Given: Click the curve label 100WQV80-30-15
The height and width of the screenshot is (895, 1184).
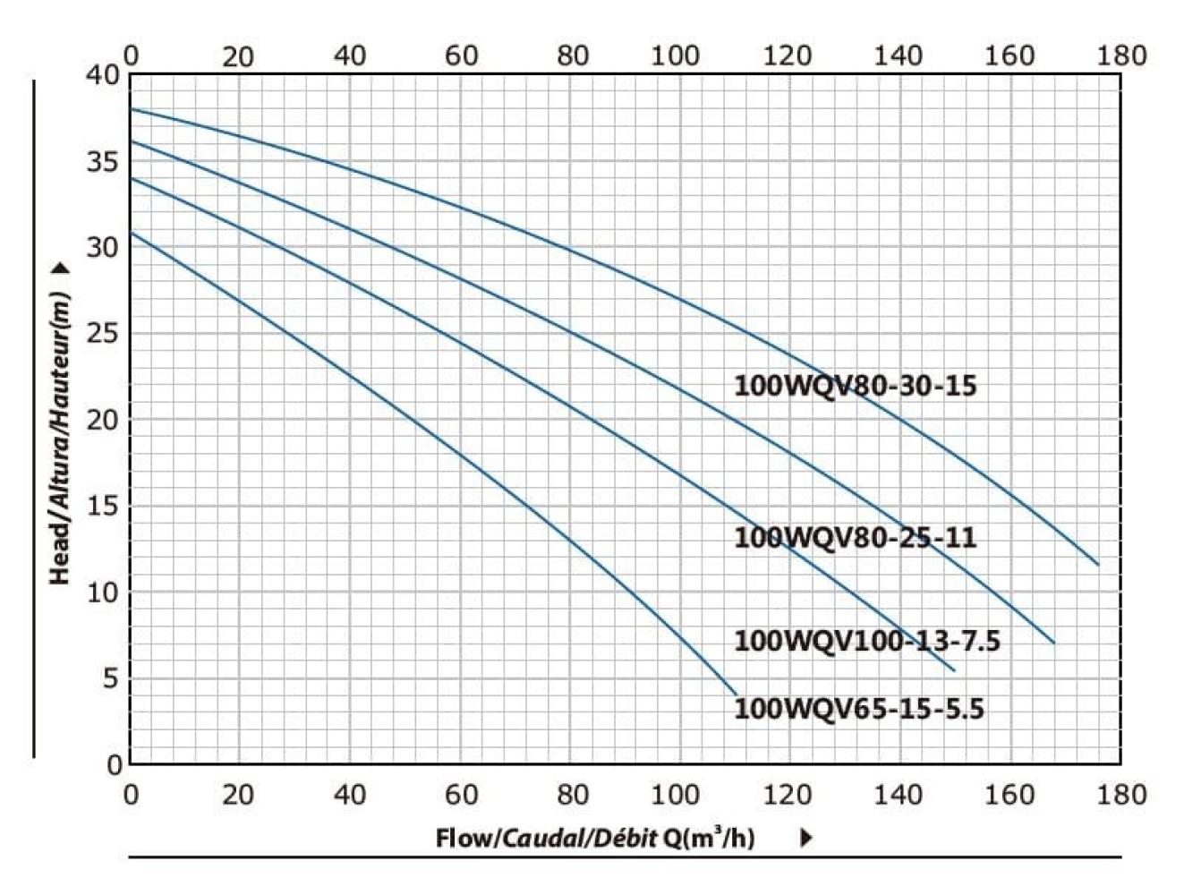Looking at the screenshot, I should [855, 386].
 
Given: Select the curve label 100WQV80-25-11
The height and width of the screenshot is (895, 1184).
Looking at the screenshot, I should [855, 538].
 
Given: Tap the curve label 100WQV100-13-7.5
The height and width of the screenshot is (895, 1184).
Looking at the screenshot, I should [866, 641].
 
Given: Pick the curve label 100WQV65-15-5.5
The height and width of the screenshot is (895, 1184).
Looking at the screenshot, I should [858, 709].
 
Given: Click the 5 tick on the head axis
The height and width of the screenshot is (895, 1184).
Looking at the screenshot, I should [109, 679].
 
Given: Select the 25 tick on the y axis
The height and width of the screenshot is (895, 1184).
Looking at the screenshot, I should [103, 335].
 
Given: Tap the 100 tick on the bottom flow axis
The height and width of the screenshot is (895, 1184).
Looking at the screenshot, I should [676, 794].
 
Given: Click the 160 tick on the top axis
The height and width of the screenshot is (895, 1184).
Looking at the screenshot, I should [1009, 55].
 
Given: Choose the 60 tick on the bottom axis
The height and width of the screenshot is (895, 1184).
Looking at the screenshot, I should [461, 794].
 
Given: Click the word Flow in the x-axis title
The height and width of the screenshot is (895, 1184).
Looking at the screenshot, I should [464, 838].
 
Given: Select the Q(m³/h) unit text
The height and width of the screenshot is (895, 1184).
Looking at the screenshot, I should [708, 837].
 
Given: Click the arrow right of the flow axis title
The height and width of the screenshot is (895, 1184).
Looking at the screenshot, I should [805, 838].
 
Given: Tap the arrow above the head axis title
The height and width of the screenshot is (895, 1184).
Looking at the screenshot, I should [61, 268].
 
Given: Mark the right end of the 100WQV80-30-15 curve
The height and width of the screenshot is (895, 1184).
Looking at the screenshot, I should [1097, 564].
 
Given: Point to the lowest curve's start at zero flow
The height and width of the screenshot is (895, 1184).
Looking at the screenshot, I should [131, 233].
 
